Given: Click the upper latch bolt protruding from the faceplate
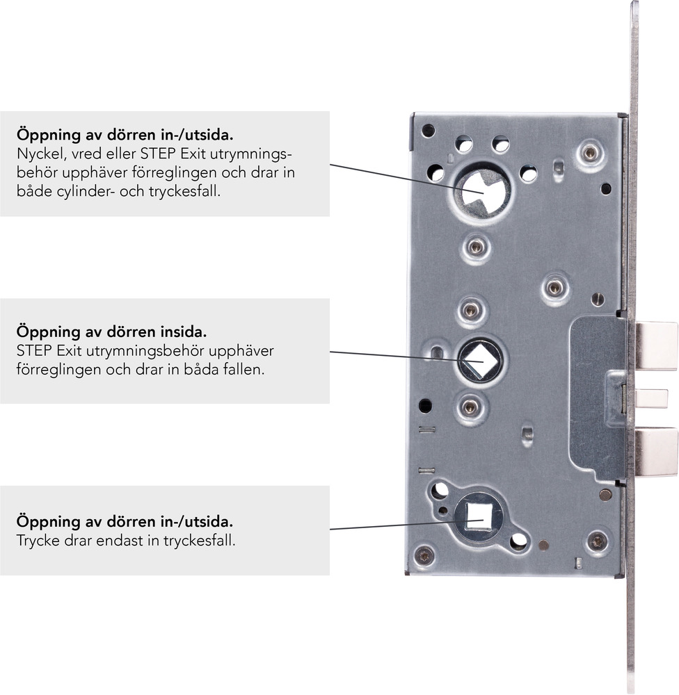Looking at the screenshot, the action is (656, 345).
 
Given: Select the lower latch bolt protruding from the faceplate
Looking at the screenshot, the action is (656, 452).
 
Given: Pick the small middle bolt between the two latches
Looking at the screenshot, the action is (650, 398).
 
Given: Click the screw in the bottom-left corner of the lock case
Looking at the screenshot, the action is (424, 555).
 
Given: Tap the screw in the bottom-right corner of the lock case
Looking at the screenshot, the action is (597, 541).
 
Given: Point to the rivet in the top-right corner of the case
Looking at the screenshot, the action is (590, 154).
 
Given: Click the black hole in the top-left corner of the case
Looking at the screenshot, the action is (429, 131).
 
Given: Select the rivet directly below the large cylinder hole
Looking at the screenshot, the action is (475, 247).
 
